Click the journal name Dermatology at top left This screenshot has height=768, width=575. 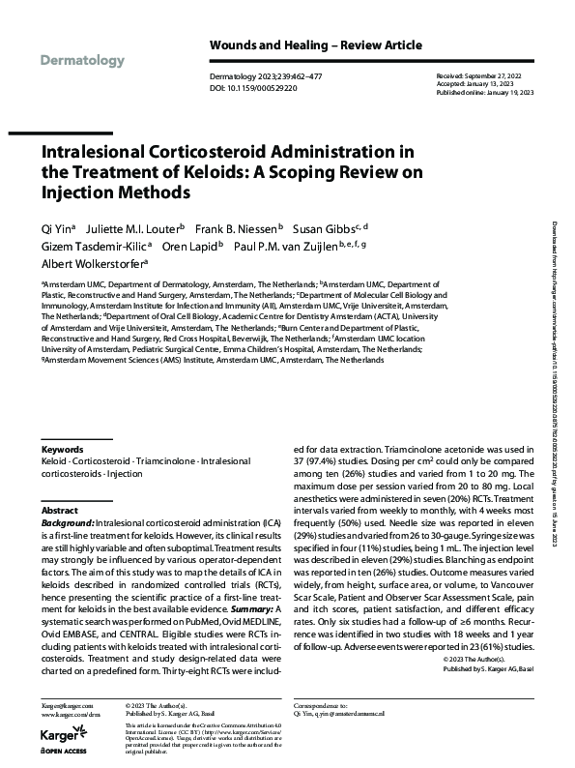coord(83,61)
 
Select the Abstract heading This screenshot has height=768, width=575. coord(60,510)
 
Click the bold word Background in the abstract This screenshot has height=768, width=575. coord(67,521)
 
